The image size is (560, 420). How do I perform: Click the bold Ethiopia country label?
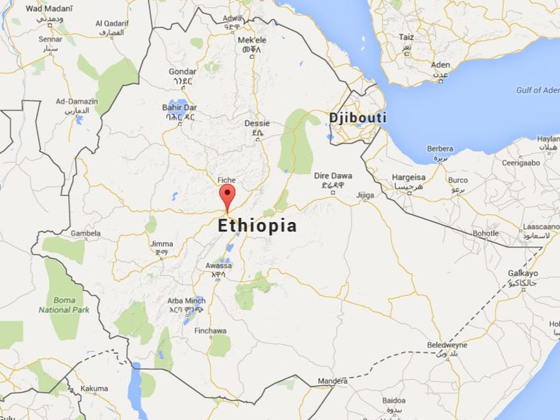[257, 226]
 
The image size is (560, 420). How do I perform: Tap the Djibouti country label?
[357, 117]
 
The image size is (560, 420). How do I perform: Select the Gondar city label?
[182, 72]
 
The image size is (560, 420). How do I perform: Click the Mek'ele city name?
[252, 40]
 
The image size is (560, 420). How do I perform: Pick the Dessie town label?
[257, 123]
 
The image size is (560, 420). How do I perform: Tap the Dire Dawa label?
[332, 176]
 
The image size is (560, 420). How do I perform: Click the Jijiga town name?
[365, 195]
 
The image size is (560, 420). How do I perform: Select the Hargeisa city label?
[409, 177]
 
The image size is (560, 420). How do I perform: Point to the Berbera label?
[440, 149]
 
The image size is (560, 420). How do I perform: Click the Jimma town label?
[162, 244]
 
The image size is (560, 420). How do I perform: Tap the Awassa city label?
[218, 265]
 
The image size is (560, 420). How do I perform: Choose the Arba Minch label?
[186, 301]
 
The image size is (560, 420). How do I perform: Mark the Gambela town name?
[85, 233]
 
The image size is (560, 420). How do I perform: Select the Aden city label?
[440, 65]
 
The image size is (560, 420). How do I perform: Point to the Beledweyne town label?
[447, 345]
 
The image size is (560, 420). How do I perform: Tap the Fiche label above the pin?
[226, 180]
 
